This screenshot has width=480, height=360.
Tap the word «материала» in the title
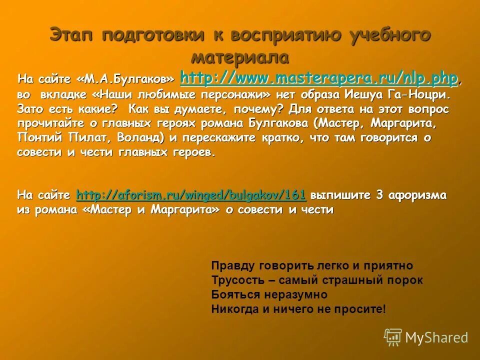tap(240, 56)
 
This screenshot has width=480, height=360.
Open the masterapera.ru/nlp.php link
tap(318, 78)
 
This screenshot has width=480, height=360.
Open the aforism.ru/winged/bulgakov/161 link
tap(191, 194)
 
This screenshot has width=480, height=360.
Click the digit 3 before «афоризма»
tap(379, 194)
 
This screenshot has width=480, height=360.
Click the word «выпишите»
tap(342, 194)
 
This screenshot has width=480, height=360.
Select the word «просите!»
tap(360, 309)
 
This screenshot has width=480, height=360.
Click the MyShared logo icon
tap(393, 337)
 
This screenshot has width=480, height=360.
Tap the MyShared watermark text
tap(436, 337)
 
